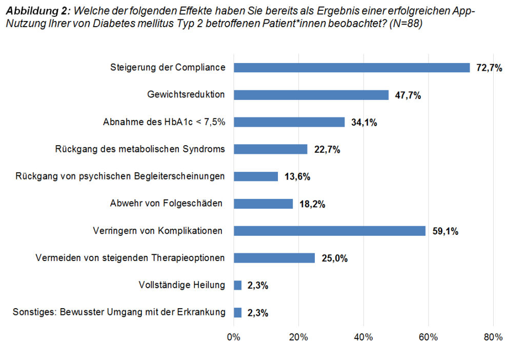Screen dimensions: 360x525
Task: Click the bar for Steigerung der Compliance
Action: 352,68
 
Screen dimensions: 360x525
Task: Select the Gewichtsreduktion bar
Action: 311,95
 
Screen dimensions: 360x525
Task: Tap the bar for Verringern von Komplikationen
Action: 330,231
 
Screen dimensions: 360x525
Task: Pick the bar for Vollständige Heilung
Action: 237,285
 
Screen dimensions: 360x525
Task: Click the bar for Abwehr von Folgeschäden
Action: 263,204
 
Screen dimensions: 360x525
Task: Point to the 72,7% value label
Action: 489,68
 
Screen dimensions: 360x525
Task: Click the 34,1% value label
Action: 365,122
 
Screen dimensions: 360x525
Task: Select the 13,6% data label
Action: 297,176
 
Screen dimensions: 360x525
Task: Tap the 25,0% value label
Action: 335,258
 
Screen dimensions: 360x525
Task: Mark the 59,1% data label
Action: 446,231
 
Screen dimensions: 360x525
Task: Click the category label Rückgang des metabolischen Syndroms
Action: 140,149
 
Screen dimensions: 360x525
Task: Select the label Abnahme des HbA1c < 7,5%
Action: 164,122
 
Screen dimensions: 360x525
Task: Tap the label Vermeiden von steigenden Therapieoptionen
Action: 130,257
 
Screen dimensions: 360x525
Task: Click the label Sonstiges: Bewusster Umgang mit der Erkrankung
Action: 119,312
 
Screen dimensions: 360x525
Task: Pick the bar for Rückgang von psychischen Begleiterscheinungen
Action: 256,176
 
